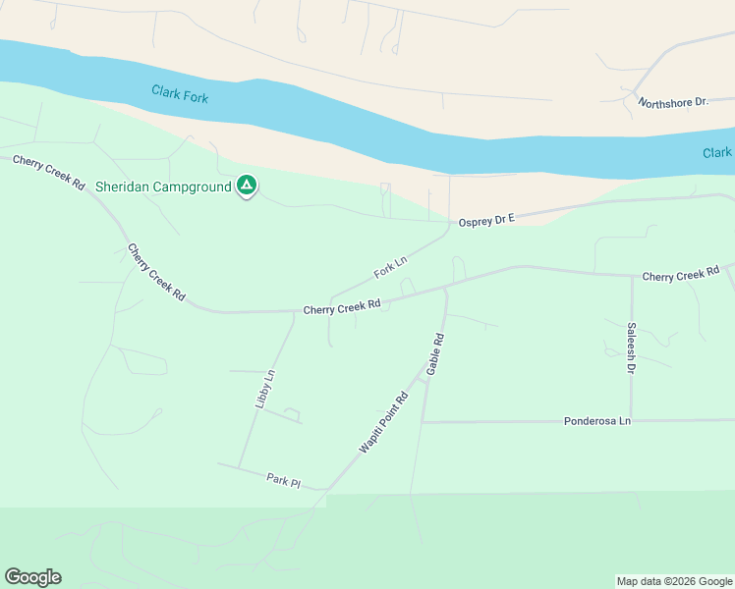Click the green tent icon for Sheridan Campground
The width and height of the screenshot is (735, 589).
coord(247,185)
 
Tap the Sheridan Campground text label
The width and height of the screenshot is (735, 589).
coord(163,186)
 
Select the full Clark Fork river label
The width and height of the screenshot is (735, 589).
coord(180,94)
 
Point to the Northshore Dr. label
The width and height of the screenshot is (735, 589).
coord(673,102)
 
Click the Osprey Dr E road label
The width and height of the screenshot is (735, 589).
coord(486,220)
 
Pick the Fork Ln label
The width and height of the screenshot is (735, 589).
coord(390,266)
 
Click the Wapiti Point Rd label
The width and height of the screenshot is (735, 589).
coord(383,423)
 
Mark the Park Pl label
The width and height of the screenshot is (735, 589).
coord(282,480)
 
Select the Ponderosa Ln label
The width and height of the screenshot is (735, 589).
coord(596,421)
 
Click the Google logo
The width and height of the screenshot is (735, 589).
coord(32,577)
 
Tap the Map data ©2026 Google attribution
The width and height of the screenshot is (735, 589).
coord(674,581)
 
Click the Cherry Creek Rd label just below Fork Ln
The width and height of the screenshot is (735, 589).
coord(341,308)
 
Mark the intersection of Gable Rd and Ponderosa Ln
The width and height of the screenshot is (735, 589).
coord(423,422)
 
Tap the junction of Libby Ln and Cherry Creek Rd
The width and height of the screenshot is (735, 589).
coord(295,312)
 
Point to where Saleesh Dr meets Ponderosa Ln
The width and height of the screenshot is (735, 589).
coord(631,420)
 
